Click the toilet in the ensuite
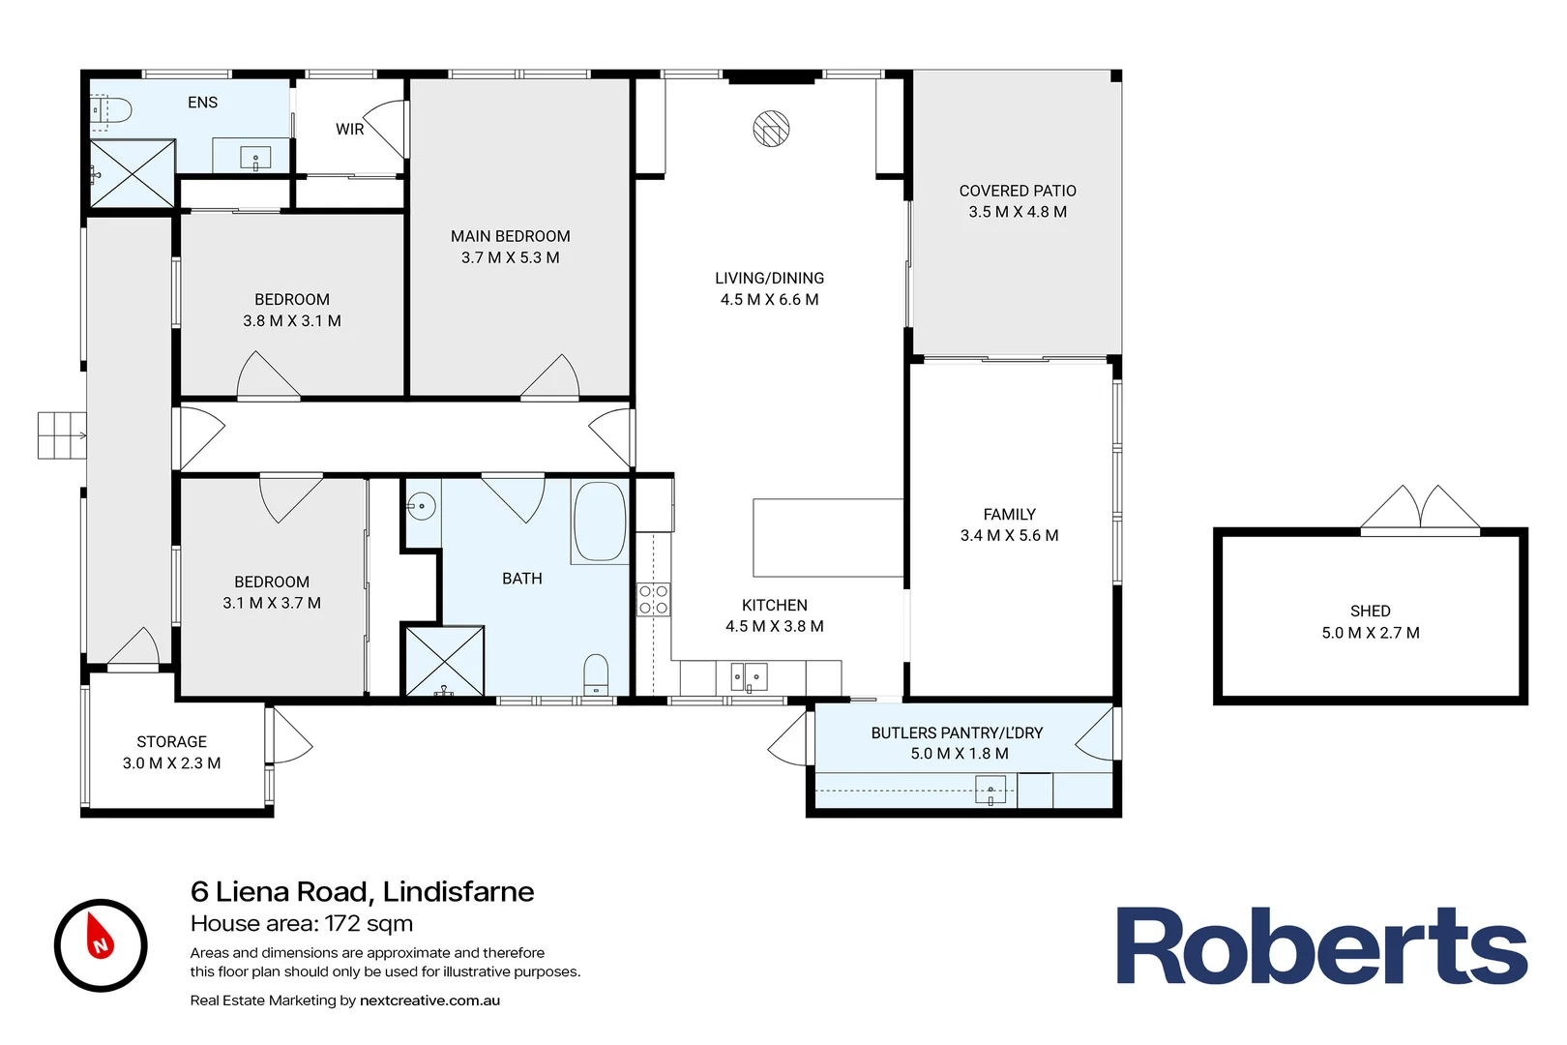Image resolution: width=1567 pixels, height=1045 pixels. pyautogui.click(x=113, y=111)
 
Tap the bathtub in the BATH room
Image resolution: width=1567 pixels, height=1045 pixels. pyautogui.click(x=600, y=522)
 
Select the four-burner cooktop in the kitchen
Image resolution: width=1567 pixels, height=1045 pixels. pyautogui.click(x=654, y=600)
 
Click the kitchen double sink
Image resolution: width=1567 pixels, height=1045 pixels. pyautogui.click(x=748, y=676)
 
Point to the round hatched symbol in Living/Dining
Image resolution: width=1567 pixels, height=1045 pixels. pyautogui.click(x=771, y=129)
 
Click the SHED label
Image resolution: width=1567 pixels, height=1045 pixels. pyautogui.click(x=1370, y=612)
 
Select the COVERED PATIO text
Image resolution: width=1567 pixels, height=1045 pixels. pyautogui.click(x=1018, y=192)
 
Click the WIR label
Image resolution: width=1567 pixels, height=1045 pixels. pyautogui.click(x=349, y=130)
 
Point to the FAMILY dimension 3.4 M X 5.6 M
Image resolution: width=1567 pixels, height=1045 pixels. pyautogui.click(x=1009, y=536)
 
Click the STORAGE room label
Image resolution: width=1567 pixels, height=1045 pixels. pyautogui.click(x=171, y=742)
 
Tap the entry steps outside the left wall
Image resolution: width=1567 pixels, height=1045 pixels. pyautogui.click(x=62, y=435)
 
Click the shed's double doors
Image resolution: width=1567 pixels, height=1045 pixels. pyautogui.click(x=1420, y=510)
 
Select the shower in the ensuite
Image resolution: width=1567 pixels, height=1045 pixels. pyautogui.click(x=133, y=174)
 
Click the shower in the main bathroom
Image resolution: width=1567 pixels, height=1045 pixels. pyautogui.click(x=444, y=662)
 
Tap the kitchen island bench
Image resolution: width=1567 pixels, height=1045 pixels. pyautogui.click(x=827, y=538)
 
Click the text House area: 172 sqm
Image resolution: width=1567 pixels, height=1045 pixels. pyautogui.click(x=302, y=924)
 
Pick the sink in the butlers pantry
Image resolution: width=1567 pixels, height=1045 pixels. pyautogui.click(x=990, y=791)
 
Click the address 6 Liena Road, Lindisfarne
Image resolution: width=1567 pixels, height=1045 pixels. pyautogui.click(x=362, y=891)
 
